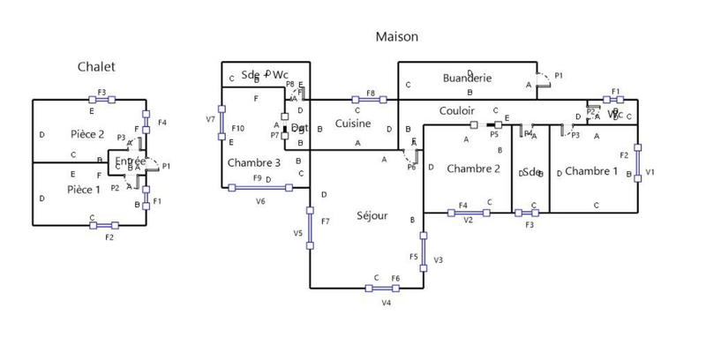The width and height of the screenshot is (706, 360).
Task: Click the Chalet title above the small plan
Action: (x=96, y=66)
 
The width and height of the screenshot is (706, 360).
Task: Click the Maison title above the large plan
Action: (x=396, y=37)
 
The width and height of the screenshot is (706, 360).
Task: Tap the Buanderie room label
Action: (x=467, y=78)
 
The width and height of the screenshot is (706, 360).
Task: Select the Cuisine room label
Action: (x=353, y=124)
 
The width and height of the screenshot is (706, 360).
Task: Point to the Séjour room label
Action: (x=372, y=216)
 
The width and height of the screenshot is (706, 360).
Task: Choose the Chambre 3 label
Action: (x=254, y=163)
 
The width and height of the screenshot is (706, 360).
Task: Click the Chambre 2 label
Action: (x=474, y=169)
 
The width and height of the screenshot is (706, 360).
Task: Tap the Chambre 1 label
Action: (x=591, y=170)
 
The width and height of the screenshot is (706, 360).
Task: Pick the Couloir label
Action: (x=457, y=111)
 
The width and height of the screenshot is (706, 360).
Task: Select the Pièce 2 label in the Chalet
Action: (x=87, y=134)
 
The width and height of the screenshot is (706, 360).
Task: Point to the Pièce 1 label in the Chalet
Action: (x=85, y=190)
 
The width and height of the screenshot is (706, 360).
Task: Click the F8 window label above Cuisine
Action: (x=371, y=93)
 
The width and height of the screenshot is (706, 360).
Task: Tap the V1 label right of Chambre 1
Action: (x=650, y=173)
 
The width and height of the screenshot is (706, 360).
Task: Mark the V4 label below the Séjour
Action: (x=387, y=304)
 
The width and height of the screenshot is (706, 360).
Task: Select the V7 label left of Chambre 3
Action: (x=210, y=118)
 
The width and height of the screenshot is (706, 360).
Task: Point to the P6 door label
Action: (x=411, y=167)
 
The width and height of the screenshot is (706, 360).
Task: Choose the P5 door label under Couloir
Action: (x=494, y=135)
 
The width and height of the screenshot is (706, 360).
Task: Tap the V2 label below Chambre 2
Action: (x=469, y=221)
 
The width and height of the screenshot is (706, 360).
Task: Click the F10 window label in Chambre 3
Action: (x=237, y=130)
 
